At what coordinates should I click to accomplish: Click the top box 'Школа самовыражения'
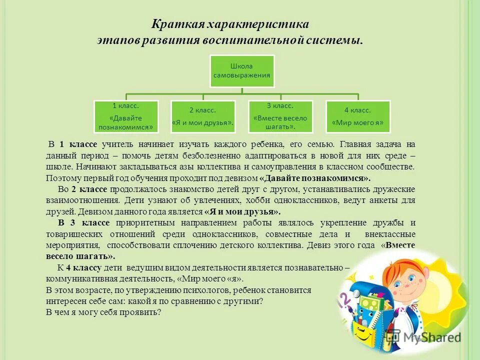[x=242, y=71]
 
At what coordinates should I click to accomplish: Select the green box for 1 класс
[x=126, y=117]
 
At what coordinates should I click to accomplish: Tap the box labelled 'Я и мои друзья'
[x=203, y=117]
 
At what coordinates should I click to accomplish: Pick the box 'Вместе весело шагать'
[x=280, y=117]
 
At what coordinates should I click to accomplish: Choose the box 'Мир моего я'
[x=358, y=117]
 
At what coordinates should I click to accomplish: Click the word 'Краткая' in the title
[x=172, y=24]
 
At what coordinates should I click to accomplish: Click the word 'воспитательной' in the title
[x=257, y=40]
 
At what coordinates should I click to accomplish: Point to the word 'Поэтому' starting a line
[x=60, y=178]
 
